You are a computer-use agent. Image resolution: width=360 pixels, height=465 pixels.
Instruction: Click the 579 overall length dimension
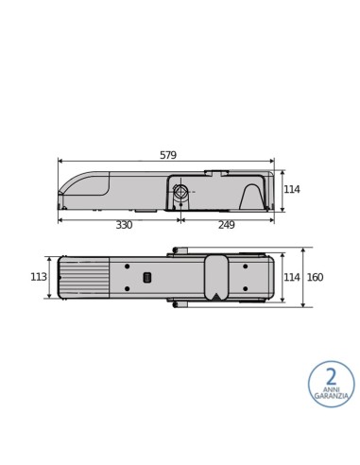click(x=167, y=155)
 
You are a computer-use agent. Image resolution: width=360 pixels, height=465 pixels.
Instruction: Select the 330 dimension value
click(x=124, y=225)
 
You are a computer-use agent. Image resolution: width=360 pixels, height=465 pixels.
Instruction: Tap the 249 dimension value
click(x=227, y=225)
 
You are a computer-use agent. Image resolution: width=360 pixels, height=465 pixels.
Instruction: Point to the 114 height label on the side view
click(x=292, y=190)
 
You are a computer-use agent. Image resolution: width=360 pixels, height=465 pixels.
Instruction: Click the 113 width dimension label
click(x=39, y=277)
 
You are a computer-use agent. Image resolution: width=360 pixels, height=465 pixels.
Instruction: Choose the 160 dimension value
click(x=315, y=277)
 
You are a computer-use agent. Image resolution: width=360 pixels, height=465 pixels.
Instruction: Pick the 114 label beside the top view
click(x=292, y=277)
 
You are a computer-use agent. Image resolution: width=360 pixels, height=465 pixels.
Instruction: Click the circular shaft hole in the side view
click(x=180, y=192)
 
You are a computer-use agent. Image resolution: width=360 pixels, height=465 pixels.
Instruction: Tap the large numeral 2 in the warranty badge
click(x=331, y=377)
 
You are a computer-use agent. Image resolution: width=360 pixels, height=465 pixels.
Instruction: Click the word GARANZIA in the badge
click(x=331, y=396)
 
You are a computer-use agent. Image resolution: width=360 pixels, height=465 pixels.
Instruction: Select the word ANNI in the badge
click(x=331, y=388)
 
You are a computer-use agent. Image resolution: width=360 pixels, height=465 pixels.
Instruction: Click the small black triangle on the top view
click(x=216, y=295)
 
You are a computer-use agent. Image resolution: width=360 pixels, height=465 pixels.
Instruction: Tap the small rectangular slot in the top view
click(x=146, y=277)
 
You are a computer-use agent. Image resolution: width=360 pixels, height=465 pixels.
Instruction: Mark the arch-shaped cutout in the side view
click(x=252, y=198)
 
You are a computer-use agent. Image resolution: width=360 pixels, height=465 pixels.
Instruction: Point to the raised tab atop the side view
click(x=216, y=172)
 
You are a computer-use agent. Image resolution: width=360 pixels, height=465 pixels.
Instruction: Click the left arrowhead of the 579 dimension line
click(x=60, y=162)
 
